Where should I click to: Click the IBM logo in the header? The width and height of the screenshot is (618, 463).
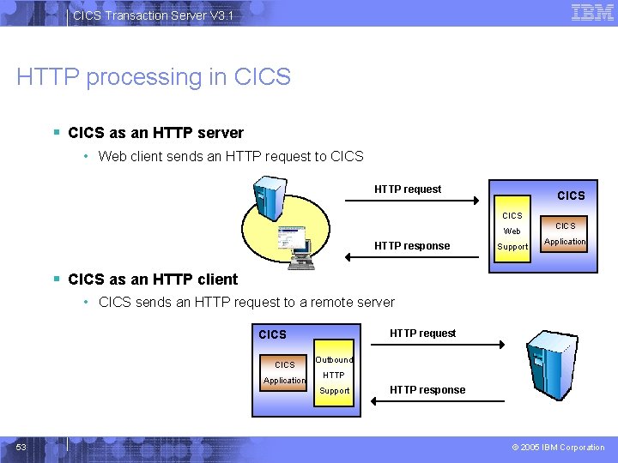pyautogui.click(x=592, y=13)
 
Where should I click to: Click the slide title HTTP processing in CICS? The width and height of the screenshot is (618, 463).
pyautogui.click(x=154, y=77)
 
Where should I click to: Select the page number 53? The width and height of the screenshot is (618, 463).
pyautogui.click(x=21, y=447)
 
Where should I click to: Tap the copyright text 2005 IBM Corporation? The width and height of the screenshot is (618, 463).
pyautogui.click(x=559, y=448)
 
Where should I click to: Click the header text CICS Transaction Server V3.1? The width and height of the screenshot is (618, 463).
pyautogui.click(x=153, y=15)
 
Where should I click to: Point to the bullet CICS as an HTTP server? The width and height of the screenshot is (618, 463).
pyautogui.click(x=155, y=133)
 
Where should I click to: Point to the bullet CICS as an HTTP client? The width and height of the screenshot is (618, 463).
pyautogui.click(x=153, y=279)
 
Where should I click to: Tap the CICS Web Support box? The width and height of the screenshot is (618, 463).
pyautogui.click(x=512, y=231)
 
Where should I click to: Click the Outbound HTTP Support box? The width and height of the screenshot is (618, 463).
pyautogui.click(x=334, y=376)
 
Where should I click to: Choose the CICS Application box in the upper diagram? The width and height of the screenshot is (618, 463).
pyautogui.click(x=566, y=234)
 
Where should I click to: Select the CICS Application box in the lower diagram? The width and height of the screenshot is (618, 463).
pyautogui.click(x=284, y=373)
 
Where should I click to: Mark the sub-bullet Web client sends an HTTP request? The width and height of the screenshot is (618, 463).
pyautogui.click(x=231, y=156)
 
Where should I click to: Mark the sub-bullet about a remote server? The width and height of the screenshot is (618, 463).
pyautogui.click(x=246, y=302)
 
